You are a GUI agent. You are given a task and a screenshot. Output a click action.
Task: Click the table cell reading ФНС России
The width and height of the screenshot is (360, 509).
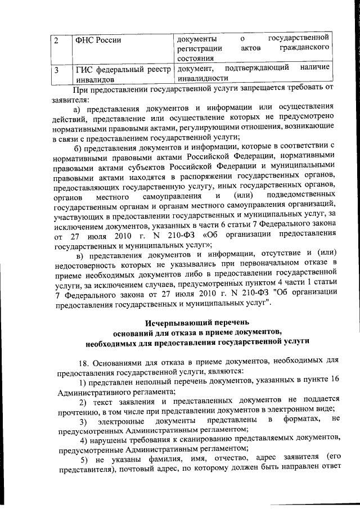point(98,40)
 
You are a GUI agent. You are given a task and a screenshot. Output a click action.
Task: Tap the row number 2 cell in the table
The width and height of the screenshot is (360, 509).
point(57,40)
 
